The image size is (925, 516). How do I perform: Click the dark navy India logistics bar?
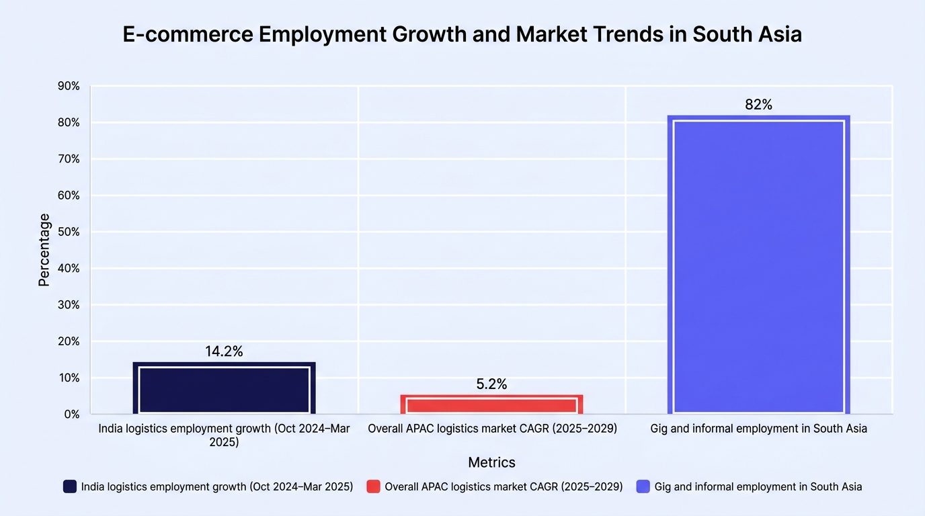[x=225, y=388]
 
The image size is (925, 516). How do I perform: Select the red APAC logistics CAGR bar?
[x=491, y=404]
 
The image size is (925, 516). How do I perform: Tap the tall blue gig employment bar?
[x=758, y=265]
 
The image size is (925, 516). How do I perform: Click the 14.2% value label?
[x=225, y=351]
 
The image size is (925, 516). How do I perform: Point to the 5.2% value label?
[x=491, y=384]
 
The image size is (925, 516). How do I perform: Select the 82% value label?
[x=758, y=104]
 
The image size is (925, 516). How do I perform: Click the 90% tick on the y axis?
[x=69, y=86]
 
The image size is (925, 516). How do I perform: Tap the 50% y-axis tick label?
[x=69, y=232]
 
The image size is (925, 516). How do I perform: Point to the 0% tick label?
[x=71, y=414]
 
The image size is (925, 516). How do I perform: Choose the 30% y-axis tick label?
[x=69, y=304]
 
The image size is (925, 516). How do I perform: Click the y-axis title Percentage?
[x=44, y=250]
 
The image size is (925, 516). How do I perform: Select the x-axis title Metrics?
[x=491, y=462]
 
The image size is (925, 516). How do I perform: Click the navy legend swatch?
[x=70, y=486]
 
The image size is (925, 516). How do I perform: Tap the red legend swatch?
[x=373, y=486]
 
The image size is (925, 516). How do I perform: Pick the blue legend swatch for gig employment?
[x=643, y=486]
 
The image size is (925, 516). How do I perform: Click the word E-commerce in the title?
[x=188, y=34]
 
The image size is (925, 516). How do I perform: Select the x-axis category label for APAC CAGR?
[x=492, y=429]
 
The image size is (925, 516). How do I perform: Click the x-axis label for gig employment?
[x=758, y=429]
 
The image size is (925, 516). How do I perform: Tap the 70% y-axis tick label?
[x=69, y=159]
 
